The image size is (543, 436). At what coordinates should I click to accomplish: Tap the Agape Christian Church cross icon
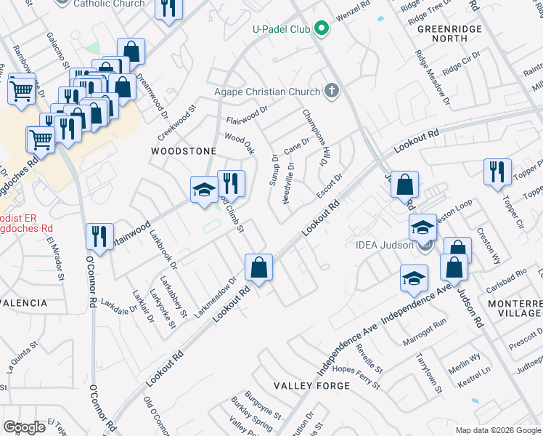(x=332, y=92)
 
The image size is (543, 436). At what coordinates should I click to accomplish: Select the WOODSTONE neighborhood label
(x=183, y=151)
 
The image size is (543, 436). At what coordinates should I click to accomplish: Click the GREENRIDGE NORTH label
(x=441, y=33)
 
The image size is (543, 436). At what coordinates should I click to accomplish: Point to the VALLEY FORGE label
(x=311, y=385)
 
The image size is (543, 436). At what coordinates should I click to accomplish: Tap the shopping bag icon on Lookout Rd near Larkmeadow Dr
(x=258, y=267)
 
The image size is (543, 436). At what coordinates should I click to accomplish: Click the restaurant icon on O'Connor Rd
(x=99, y=236)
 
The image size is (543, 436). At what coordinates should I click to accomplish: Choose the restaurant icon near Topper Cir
(x=497, y=171)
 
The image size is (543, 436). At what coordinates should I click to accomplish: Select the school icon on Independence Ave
(x=414, y=278)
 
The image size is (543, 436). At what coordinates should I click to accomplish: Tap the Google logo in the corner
(x=25, y=427)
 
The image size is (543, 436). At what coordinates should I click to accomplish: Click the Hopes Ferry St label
(x=356, y=376)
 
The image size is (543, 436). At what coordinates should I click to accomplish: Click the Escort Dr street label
(x=330, y=185)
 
